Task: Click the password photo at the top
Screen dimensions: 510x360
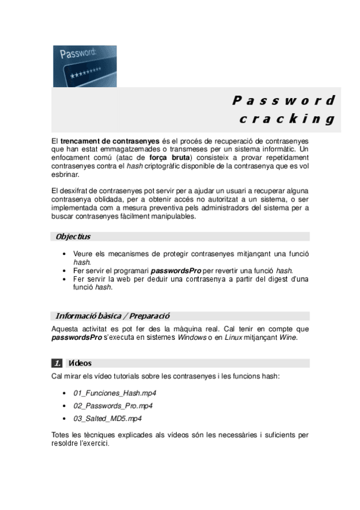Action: click(x=85, y=66)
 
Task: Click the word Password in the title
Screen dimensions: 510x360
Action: click(x=282, y=100)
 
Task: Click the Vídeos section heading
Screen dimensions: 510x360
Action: click(x=80, y=363)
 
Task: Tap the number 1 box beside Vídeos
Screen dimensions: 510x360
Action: click(x=58, y=363)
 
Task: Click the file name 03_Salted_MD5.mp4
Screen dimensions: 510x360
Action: click(x=108, y=419)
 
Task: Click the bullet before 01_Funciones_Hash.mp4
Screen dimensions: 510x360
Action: click(x=64, y=393)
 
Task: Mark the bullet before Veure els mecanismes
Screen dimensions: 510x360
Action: click(x=64, y=254)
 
